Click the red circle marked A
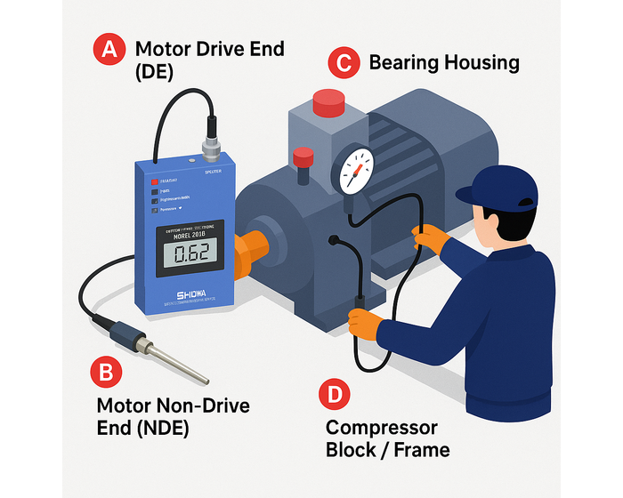(109, 50)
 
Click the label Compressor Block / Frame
(386, 438)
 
